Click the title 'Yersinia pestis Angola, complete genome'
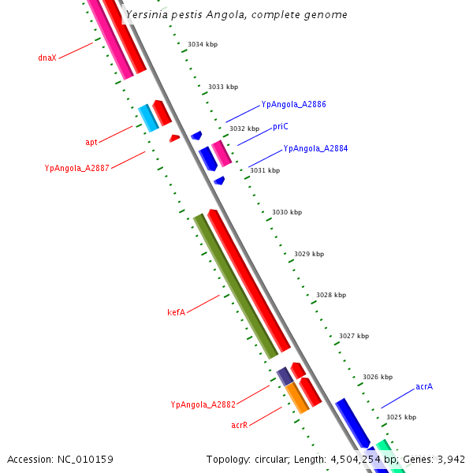(x=236, y=15)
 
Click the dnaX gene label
(x=47, y=58)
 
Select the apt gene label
(x=91, y=143)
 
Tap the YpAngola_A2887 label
(x=76, y=168)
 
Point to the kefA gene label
(x=176, y=312)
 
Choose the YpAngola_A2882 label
(x=203, y=404)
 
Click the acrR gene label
(x=240, y=425)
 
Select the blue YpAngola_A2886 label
(x=293, y=104)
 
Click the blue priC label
(x=281, y=126)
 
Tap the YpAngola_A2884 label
(x=315, y=148)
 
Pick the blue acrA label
(x=424, y=386)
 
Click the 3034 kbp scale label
(x=203, y=44)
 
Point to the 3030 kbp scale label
(x=287, y=213)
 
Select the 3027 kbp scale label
(x=354, y=336)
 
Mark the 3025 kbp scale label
(x=401, y=417)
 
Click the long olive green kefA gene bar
(x=236, y=285)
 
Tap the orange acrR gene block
(x=297, y=398)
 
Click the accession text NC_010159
(x=60, y=459)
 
